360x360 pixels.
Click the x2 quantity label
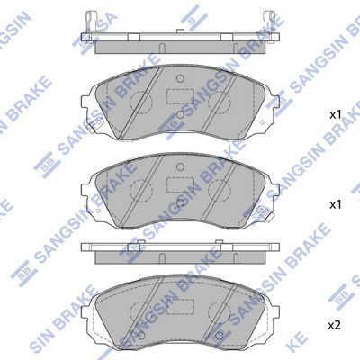point(335,325)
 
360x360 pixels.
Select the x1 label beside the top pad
point(336,114)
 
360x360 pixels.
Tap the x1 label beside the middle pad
point(336,205)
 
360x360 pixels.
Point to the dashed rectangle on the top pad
point(180,96)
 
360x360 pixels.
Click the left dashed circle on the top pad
point(141,103)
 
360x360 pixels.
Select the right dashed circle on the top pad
point(220,103)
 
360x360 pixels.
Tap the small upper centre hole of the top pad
point(180,78)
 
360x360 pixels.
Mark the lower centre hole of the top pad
point(180,114)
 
